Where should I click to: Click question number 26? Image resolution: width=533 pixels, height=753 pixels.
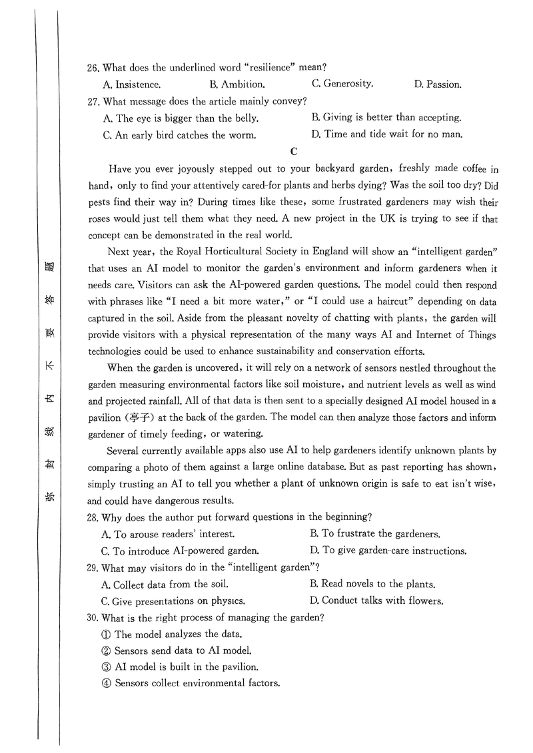93,67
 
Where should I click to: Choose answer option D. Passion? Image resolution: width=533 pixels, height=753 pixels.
437,85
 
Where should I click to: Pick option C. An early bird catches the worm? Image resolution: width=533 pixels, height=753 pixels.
179,135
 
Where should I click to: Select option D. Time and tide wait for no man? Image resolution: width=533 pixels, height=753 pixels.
386,134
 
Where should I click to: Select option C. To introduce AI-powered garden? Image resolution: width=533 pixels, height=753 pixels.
180,551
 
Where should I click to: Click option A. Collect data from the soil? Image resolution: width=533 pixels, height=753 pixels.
165,584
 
